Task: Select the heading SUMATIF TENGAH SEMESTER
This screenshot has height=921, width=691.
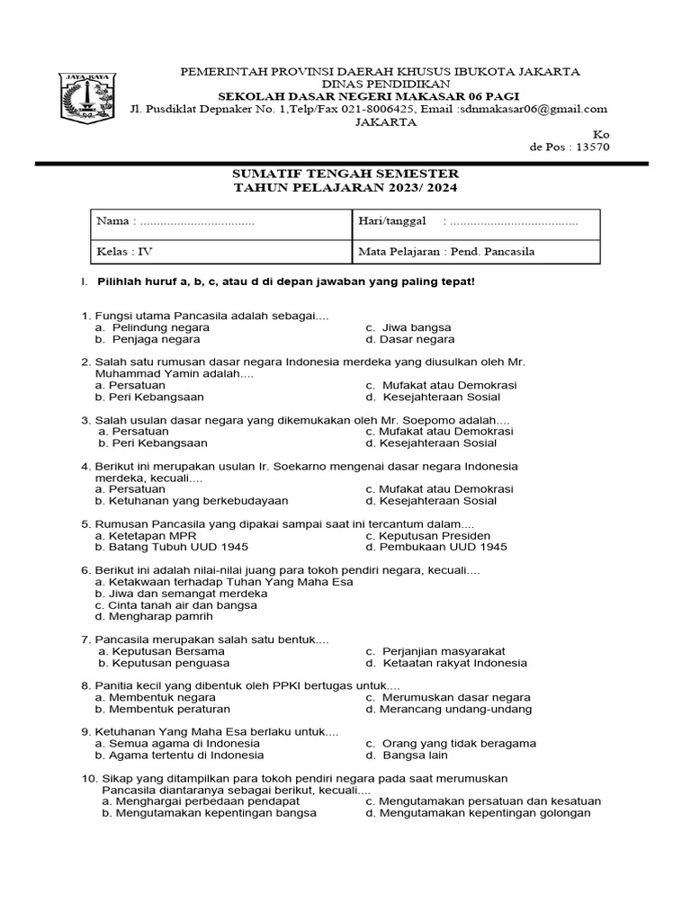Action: coord(345,173)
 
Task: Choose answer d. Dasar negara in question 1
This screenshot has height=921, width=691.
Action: coord(410,340)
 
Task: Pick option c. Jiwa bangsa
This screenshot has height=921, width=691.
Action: coord(408,327)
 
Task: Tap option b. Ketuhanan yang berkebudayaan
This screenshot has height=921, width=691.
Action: coord(192,501)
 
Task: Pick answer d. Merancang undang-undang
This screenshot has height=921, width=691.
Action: coord(448,709)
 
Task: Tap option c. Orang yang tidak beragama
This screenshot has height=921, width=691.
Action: coord(451,743)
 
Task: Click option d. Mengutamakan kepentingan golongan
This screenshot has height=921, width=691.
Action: coord(478,813)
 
